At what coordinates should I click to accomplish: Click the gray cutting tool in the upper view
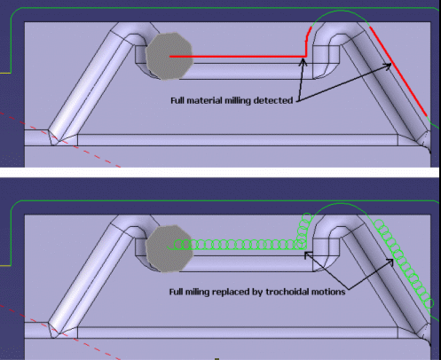(x=169, y=56)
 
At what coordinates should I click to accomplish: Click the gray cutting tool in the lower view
(x=169, y=248)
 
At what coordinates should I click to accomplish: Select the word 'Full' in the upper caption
(x=177, y=100)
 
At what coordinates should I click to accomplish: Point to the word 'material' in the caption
(x=204, y=100)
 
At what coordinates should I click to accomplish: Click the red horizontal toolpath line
(x=238, y=56)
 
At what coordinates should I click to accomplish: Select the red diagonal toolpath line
(x=398, y=71)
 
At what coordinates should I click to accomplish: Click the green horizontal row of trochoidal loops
(x=238, y=245)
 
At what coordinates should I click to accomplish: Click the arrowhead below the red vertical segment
(x=303, y=61)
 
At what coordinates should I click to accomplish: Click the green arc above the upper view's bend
(x=341, y=11)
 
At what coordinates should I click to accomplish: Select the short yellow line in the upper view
(x=5, y=73)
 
